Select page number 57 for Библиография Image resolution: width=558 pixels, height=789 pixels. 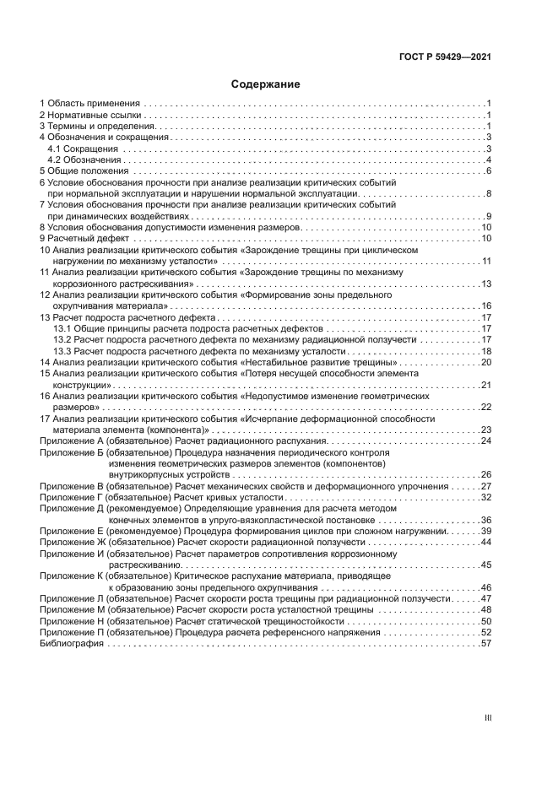coord(486,644)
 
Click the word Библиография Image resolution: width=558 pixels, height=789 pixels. coord(72,644)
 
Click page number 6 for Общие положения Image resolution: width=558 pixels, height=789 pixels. coord(489,171)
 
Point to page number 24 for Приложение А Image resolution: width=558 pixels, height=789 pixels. coord(486,440)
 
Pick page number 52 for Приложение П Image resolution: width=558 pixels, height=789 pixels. coord(486,633)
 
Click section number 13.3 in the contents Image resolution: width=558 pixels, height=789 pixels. coord(62,351)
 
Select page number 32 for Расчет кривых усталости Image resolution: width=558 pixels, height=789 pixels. coord(486,498)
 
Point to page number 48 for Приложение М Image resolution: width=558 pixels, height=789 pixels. coord(486,610)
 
